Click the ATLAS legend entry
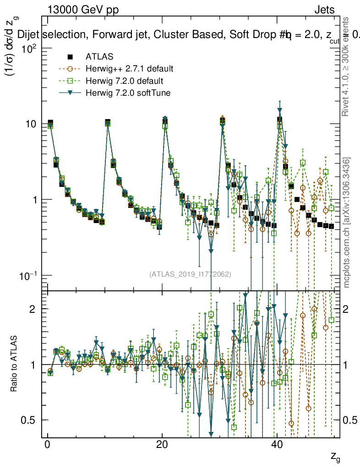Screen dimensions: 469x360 point(96,57)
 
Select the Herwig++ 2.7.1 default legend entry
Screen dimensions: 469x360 point(129,69)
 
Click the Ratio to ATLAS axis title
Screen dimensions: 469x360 point(14,364)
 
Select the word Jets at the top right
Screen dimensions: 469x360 point(324,10)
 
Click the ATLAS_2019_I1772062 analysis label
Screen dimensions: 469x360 point(190,274)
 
